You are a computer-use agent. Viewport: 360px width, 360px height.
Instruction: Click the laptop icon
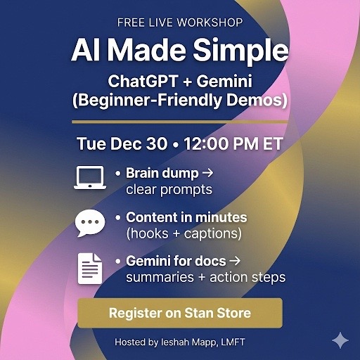[x=90, y=177]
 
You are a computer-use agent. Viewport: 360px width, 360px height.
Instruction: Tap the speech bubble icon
[x=90, y=223]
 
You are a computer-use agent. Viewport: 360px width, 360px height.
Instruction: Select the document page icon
[x=90, y=269]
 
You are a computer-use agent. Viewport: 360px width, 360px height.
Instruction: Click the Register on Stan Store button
[x=180, y=313]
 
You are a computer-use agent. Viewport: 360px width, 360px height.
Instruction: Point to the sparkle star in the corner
[x=340, y=340]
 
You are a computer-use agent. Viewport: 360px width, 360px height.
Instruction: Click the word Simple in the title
[x=240, y=51]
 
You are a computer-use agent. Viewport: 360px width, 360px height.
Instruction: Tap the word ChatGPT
[x=143, y=81]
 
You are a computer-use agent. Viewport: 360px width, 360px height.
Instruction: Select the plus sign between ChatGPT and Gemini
[x=187, y=82]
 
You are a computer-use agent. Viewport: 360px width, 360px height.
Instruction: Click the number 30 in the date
[x=157, y=143]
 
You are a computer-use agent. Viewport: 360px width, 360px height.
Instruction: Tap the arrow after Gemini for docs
[x=235, y=261]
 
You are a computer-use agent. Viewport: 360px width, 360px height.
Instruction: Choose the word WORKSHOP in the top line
[x=210, y=22]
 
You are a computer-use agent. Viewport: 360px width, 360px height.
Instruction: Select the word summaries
[x=160, y=278]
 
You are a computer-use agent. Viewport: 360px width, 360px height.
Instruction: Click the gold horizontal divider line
[x=180, y=122]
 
